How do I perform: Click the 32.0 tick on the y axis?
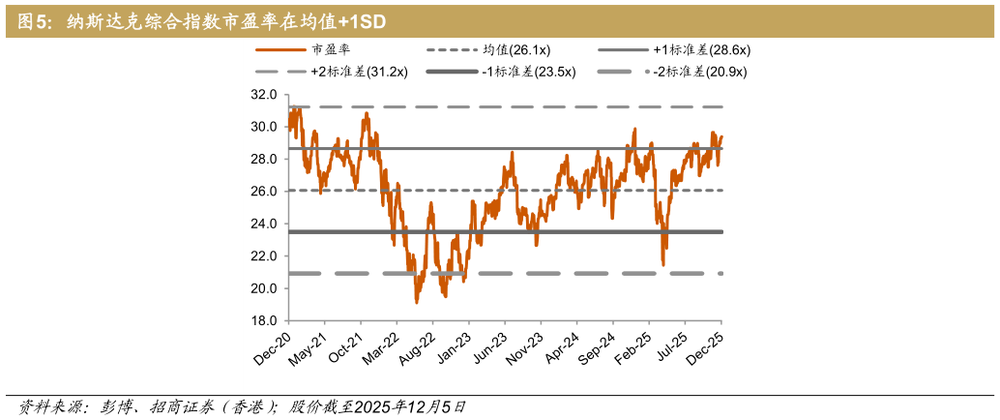tap(264, 95)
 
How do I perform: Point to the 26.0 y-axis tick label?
tap(264, 192)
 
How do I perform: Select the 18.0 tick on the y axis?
tap(264, 321)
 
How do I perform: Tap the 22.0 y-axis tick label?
tap(264, 256)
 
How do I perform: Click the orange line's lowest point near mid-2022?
tap(416, 303)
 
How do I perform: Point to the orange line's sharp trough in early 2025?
tap(663, 264)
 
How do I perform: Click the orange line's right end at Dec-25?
tap(721, 136)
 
